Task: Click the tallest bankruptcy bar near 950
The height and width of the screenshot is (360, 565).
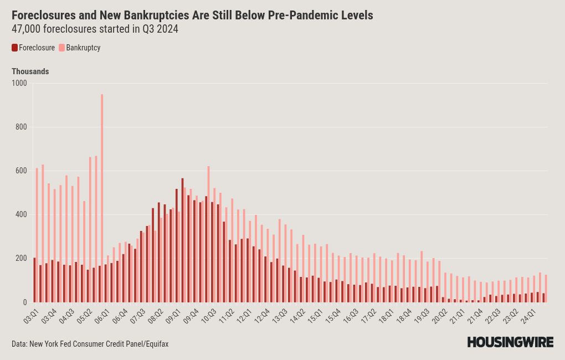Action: point(102,198)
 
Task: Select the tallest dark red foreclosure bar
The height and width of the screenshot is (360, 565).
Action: point(182,240)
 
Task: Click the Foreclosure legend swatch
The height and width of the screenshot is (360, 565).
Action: point(14,48)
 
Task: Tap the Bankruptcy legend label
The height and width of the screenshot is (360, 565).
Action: point(83,48)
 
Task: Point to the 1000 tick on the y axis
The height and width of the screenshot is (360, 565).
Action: point(19,83)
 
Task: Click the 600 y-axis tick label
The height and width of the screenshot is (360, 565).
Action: point(21,171)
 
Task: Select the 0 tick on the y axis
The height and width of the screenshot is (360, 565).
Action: point(25,303)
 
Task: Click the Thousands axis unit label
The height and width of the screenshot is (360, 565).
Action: point(30,71)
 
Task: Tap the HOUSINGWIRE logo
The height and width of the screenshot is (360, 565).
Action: point(510,342)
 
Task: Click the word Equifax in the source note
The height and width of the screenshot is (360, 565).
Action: point(157,344)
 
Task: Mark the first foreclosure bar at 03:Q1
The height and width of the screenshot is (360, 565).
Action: point(34,280)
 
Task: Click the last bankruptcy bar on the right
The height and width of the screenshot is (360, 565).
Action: point(546,289)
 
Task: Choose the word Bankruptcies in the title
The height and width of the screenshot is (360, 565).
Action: point(157,15)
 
